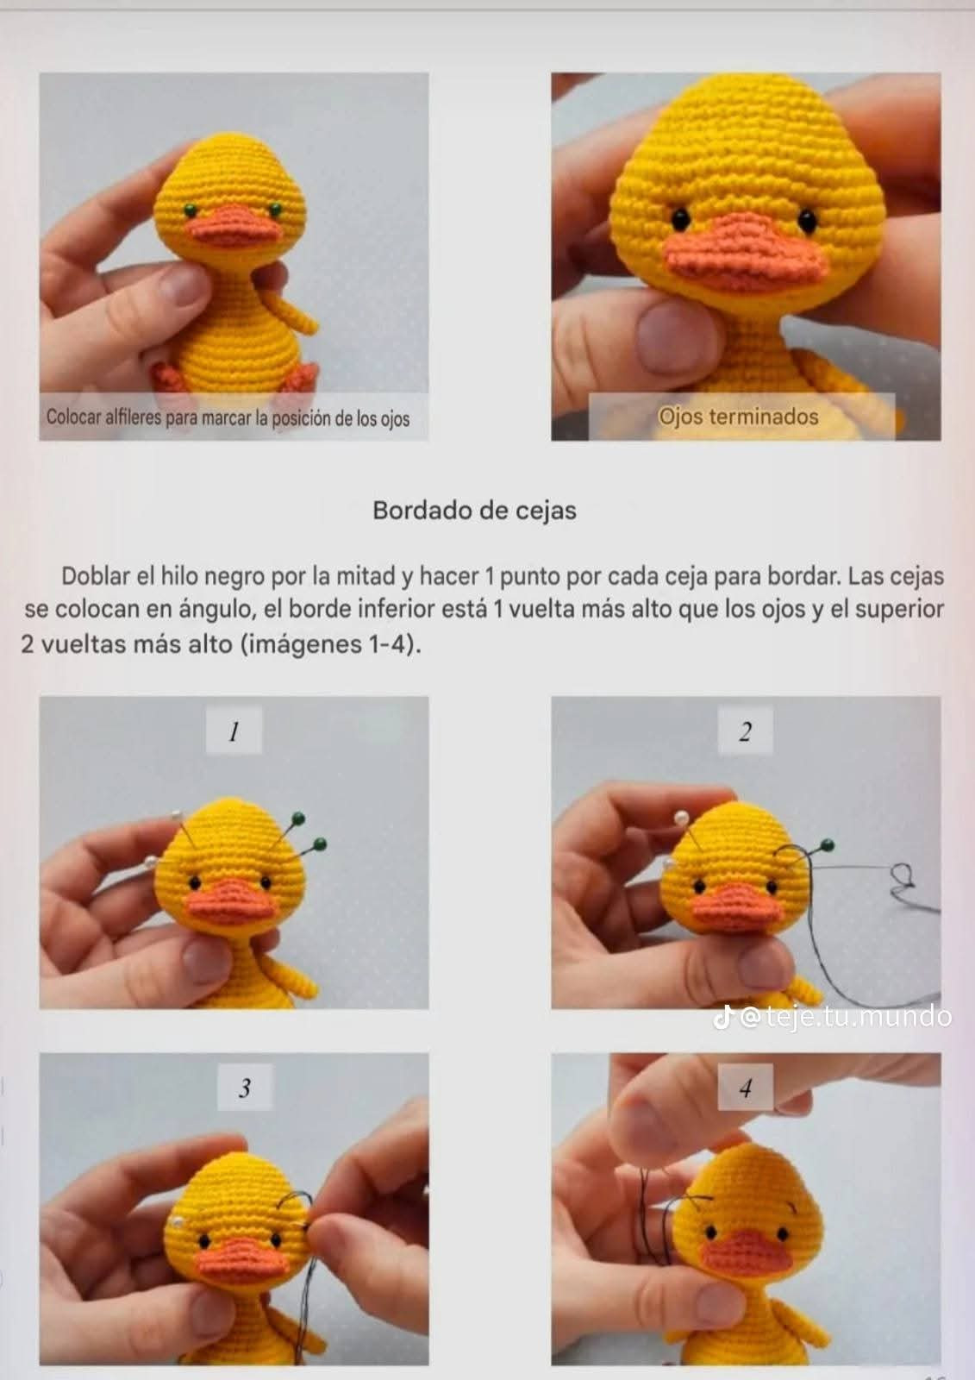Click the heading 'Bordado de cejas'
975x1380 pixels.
point(474,511)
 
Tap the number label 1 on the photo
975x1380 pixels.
point(233,732)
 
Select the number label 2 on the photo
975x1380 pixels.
point(745,732)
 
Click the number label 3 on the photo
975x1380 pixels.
point(244,1088)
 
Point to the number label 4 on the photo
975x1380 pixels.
point(745,1088)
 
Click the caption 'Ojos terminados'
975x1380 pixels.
point(739,417)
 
